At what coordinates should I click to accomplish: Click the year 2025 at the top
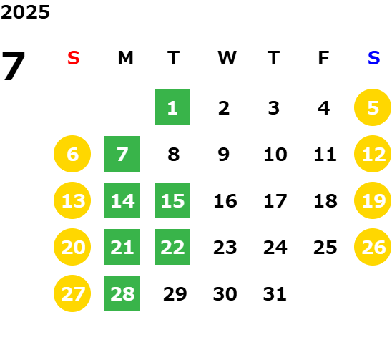point(25,12)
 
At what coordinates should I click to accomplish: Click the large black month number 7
point(14,66)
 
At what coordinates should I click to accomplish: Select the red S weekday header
point(74,58)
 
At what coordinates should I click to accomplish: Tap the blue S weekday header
point(373,58)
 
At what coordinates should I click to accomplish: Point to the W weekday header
point(227,58)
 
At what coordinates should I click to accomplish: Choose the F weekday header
point(323,58)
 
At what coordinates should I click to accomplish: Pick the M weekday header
point(125,58)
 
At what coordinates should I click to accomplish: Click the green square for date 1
point(172,107)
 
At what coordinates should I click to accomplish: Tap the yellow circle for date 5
point(373,107)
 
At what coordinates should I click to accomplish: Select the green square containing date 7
point(122,154)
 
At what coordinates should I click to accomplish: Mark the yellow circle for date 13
point(72,200)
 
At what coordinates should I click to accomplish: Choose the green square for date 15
point(172,200)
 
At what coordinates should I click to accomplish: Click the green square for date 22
point(172,247)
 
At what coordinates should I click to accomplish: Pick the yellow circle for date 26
point(373,247)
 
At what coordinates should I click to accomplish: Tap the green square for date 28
point(122,293)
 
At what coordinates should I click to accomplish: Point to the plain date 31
point(275,293)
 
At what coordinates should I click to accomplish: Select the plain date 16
point(225,200)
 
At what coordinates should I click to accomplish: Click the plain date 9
point(223,154)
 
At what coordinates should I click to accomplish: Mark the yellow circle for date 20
point(72,247)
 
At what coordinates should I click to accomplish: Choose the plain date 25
point(325,247)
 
